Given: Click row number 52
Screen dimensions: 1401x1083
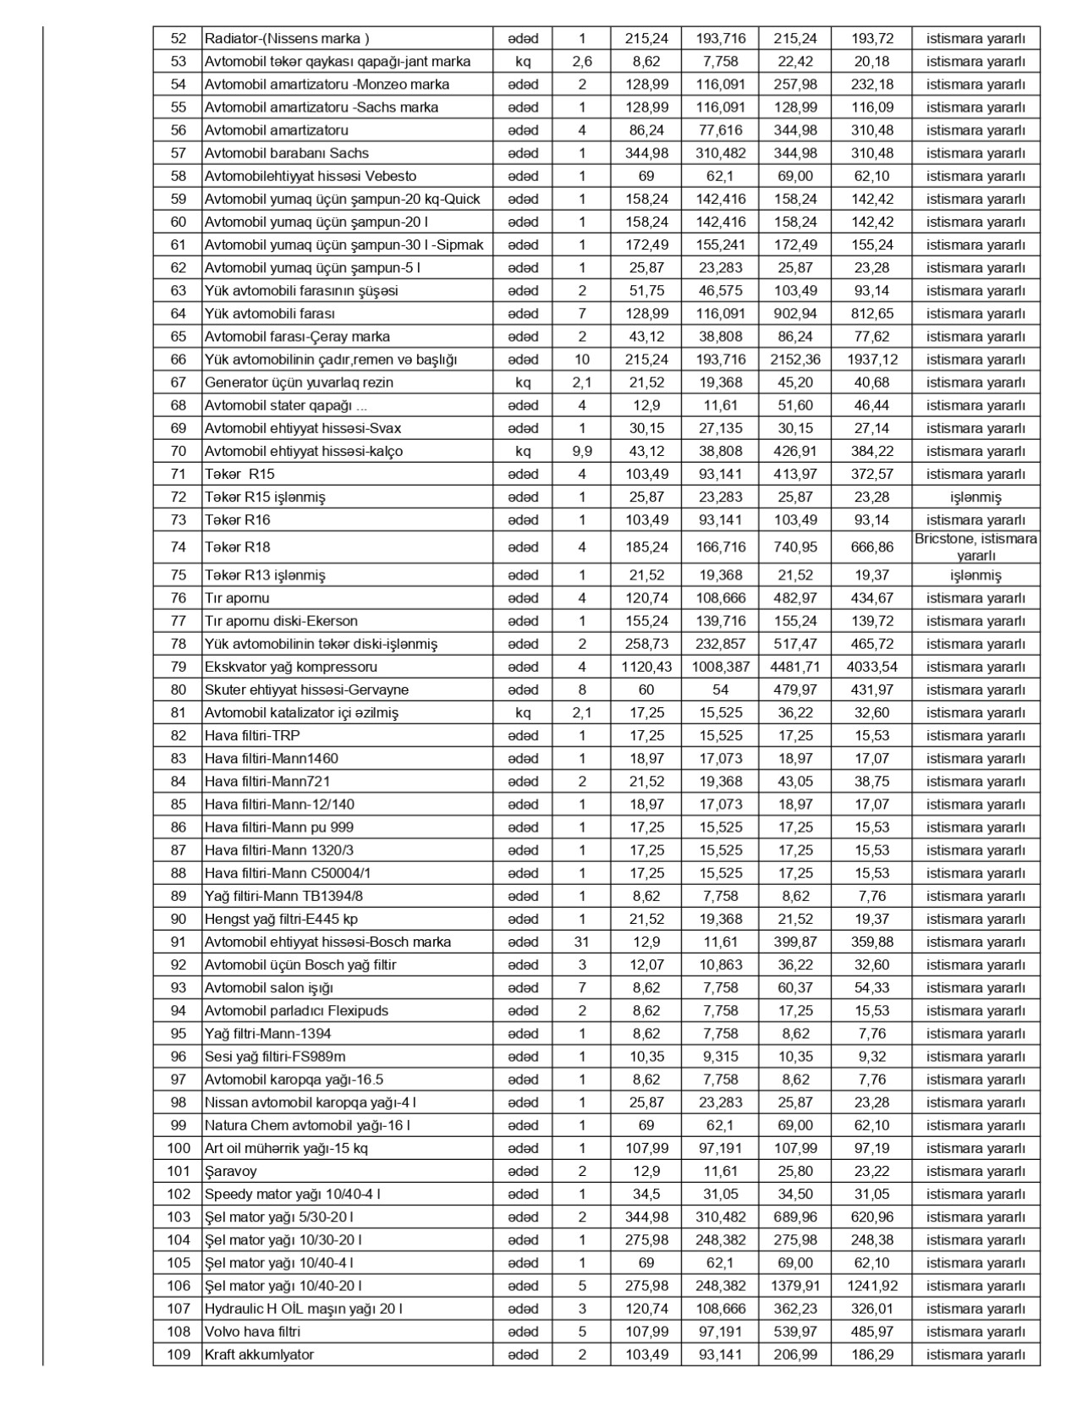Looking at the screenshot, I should pyautogui.click(x=179, y=38).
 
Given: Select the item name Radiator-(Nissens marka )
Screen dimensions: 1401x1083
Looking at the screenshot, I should pyautogui.click(x=287, y=38).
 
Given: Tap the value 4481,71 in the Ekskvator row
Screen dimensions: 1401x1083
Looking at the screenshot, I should pyautogui.click(x=794, y=667).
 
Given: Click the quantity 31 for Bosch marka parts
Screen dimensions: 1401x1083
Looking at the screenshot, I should pyautogui.click(x=581, y=942).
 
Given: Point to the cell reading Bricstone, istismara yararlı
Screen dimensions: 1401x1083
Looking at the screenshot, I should pyautogui.click(x=976, y=547).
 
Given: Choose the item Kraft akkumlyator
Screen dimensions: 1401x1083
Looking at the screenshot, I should pyautogui.click(x=259, y=1354).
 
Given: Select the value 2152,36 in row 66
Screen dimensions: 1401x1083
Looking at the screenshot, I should pyautogui.click(x=794, y=360).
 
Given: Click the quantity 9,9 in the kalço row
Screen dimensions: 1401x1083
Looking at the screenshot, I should pyautogui.click(x=581, y=451).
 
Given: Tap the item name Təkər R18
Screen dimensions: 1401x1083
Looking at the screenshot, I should pyautogui.click(x=238, y=547).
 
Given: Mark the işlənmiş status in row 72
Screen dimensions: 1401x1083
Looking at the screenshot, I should pyautogui.click(x=976, y=497).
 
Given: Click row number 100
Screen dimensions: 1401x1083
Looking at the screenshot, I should pyautogui.click(x=179, y=1148).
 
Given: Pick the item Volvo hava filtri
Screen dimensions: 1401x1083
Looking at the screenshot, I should pyautogui.click(x=252, y=1331).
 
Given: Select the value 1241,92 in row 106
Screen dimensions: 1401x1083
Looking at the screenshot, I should pyautogui.click(x=871, y=1285).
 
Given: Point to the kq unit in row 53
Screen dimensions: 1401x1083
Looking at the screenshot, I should pyautogui.click(x=522, y=61).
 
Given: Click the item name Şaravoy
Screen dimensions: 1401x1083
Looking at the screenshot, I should pyautogui.click(x=230, y=1171).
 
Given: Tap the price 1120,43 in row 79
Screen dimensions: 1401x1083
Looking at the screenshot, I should pyautogui.click(x=646, y=667).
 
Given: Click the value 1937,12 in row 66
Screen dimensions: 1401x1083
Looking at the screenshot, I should pyautogui.click(x=871, y=360).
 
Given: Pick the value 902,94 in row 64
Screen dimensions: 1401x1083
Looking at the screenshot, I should pyautogui.click(x=794, y=314).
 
